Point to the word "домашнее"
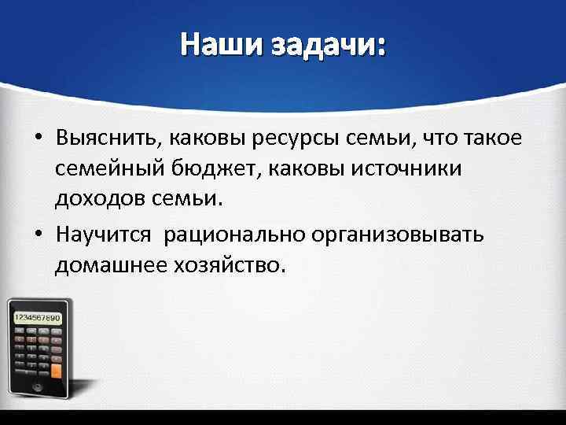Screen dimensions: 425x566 point(104,265)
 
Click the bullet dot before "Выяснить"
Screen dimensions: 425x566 point(38,141)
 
